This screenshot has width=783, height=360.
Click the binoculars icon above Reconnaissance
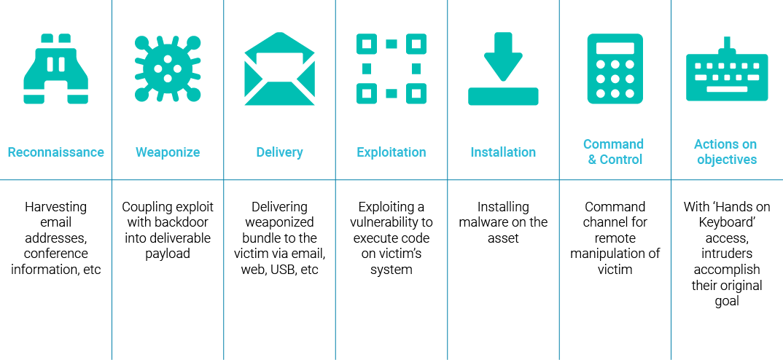(56, 69)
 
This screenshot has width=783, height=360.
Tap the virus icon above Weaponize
(168, 69)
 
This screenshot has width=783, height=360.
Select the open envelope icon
(280, 69)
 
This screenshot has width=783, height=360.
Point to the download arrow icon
(503, 69)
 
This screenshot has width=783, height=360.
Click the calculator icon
(615, 69)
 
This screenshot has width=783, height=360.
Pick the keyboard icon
(727, 69)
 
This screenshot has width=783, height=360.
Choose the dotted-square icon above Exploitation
(391, 69)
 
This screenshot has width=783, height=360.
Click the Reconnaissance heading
(56, 152)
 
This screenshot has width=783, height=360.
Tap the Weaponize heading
(168, 153)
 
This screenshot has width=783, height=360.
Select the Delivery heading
(280, 153)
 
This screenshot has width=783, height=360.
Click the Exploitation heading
(391, 153)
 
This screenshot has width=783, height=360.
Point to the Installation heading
(503, 152)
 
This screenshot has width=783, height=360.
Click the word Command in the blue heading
(613, 144)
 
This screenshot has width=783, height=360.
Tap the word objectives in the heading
(727, 160)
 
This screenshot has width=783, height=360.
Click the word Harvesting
(56, 207)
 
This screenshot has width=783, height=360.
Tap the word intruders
(727, 254)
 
